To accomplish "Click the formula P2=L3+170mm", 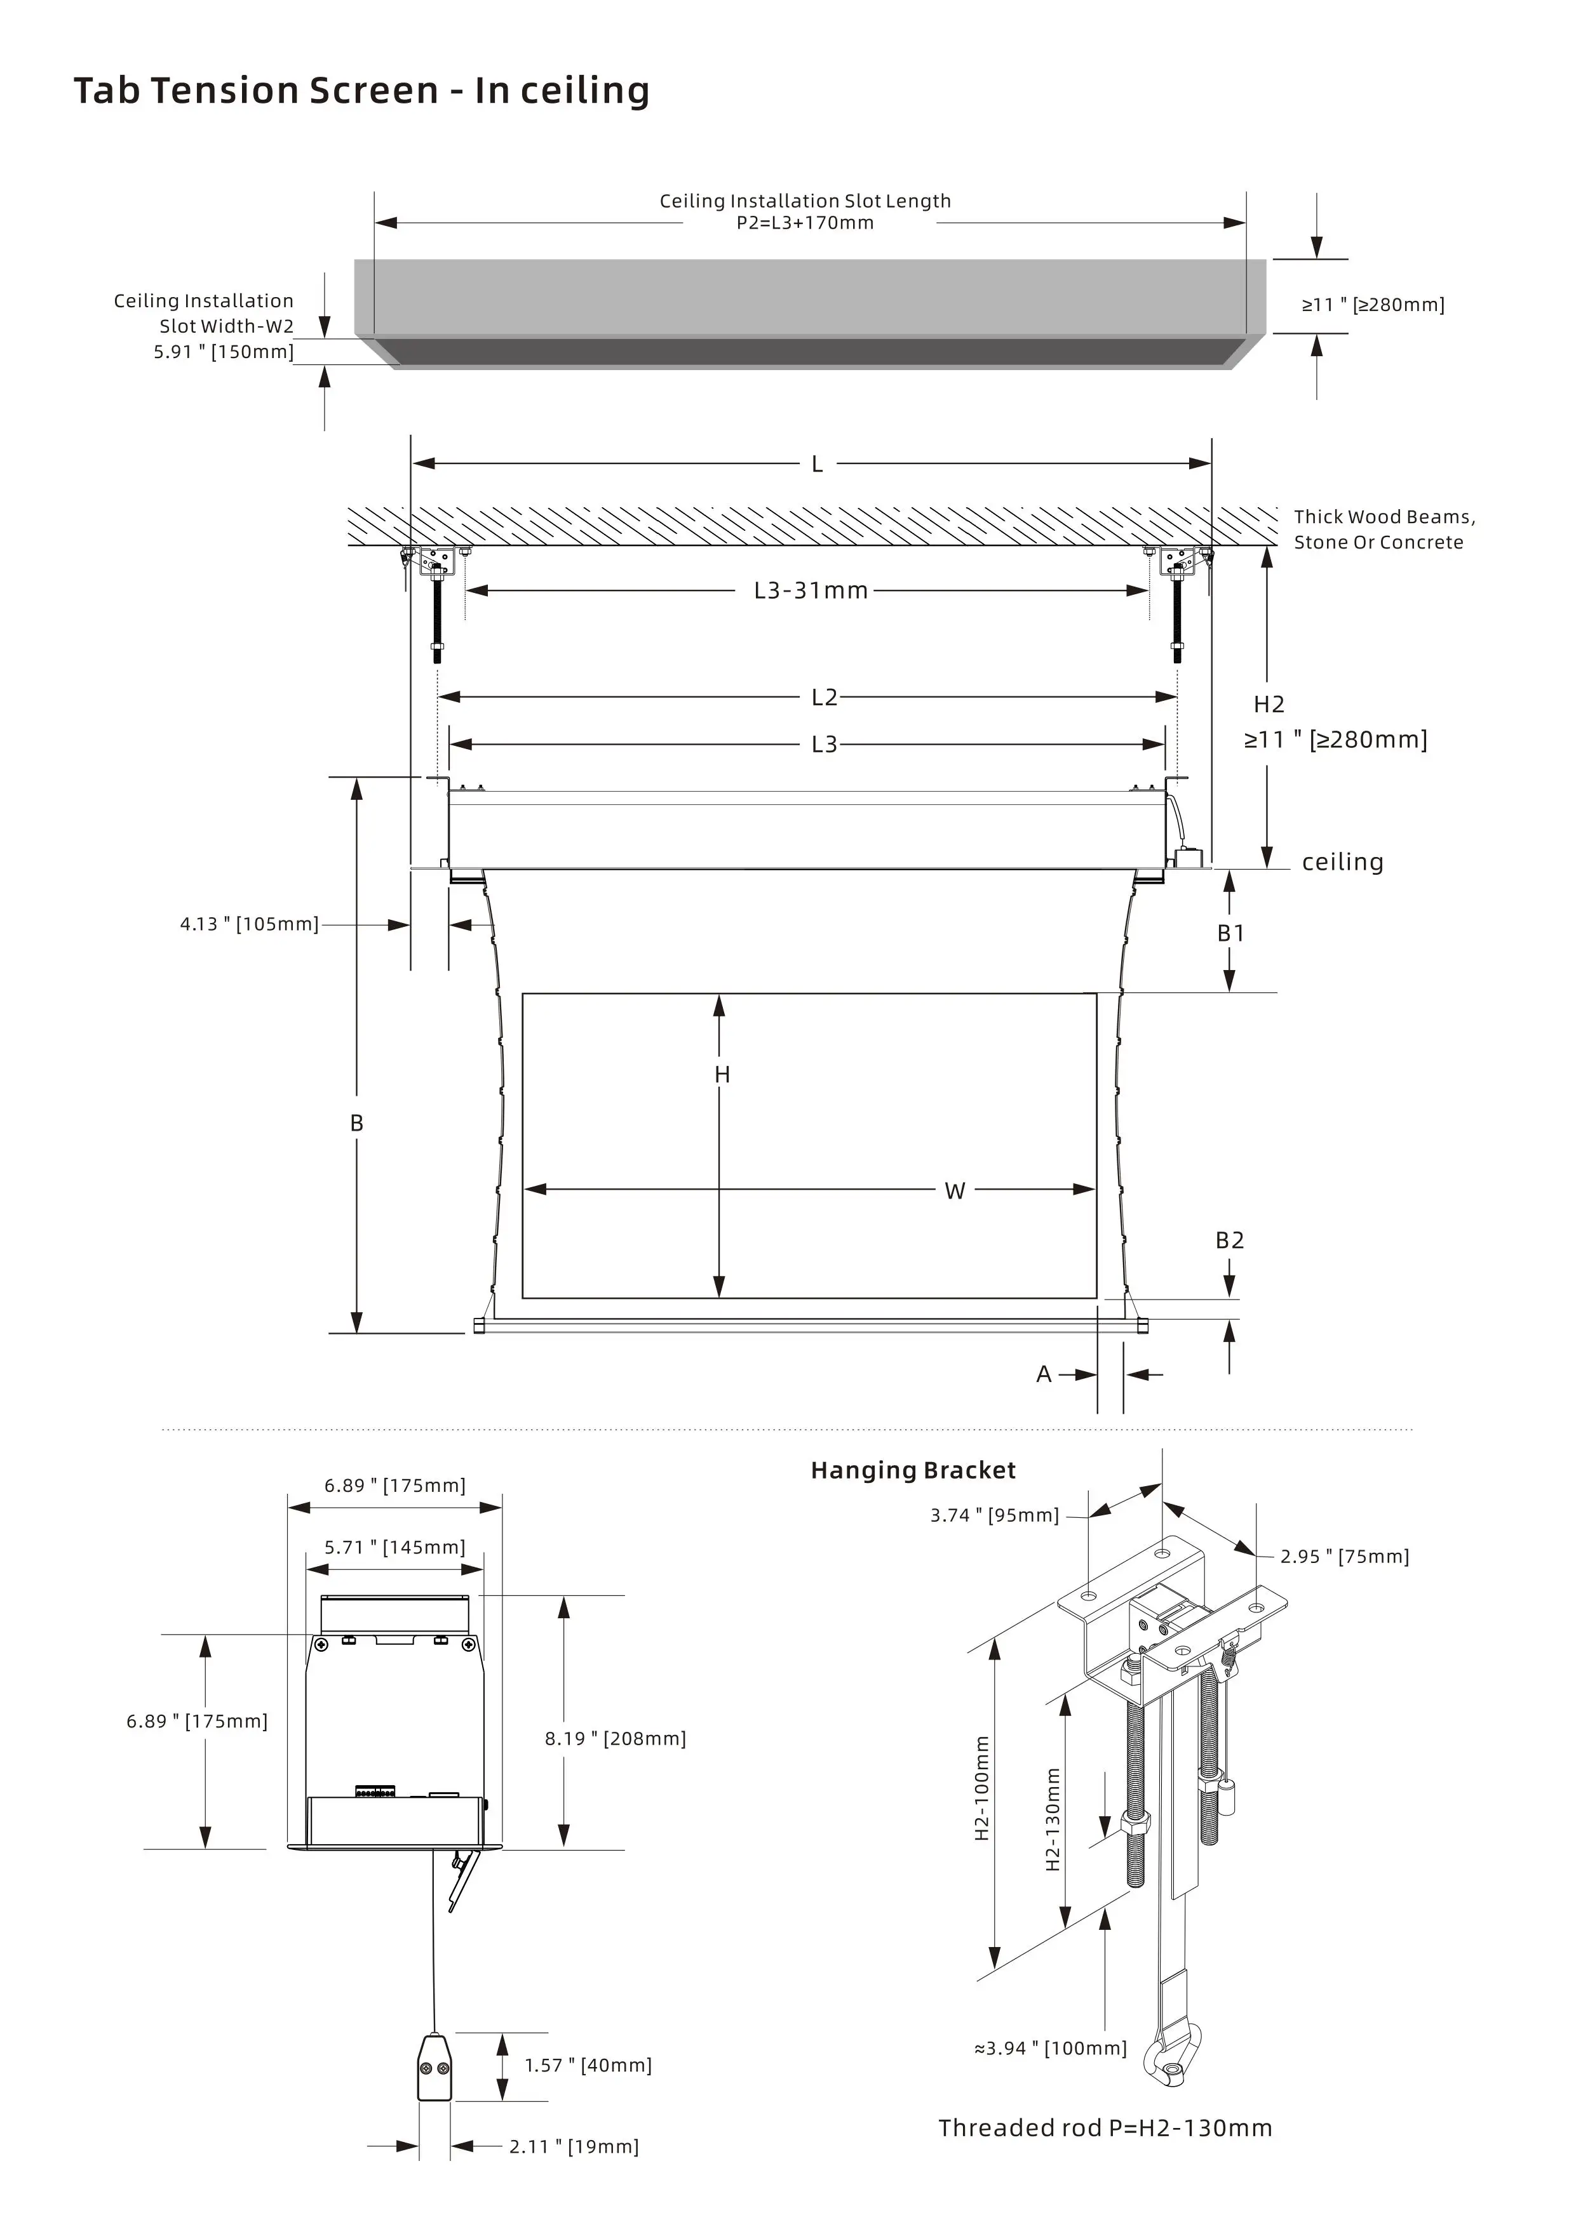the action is point(804,223).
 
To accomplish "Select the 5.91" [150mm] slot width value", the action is point(223,352).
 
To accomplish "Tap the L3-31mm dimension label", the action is point(811,590).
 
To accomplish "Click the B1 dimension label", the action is point(1230,933).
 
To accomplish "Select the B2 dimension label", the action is point(1230,1240).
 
